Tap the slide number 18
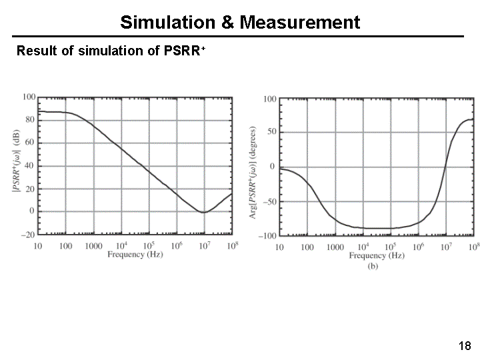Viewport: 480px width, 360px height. pyautogui.click(x=465, y=345)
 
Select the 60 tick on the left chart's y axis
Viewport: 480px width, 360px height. pyautogui.click(x=30, y=143)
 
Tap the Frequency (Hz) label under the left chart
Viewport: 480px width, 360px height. pyautogui.click(x=135, y=255)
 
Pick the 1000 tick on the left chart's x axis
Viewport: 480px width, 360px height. pyautogui.click(x=93, y=246)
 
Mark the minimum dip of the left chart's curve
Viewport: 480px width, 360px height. pyautogui.click(x=203, y=212)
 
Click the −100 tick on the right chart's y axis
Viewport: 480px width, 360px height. pyautogui.click(x=268, y=237)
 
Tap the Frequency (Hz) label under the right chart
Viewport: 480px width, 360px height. pyautogui.click(x=377, y=255)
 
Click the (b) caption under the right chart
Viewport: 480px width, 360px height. pyautogui.click(x=373, y=265)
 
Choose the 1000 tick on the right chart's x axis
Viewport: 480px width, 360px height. pyautogui.click(x=335, y=247)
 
